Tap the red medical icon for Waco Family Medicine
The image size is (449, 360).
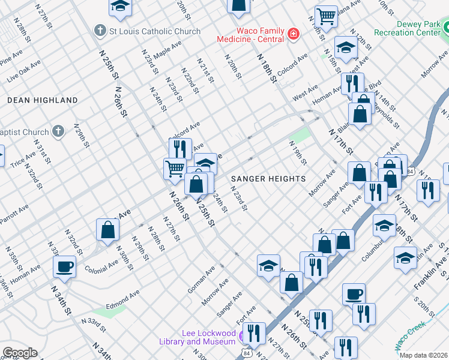[293, 34]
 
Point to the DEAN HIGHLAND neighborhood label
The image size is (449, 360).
[43, 100]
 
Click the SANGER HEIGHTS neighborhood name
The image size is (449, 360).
[268, 179]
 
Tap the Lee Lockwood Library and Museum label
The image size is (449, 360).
[209, 337]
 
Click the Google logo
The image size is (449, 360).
[20, 353]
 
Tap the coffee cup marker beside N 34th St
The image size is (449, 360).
[65, 266]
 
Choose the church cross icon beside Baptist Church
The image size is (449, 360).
[58, 131]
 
